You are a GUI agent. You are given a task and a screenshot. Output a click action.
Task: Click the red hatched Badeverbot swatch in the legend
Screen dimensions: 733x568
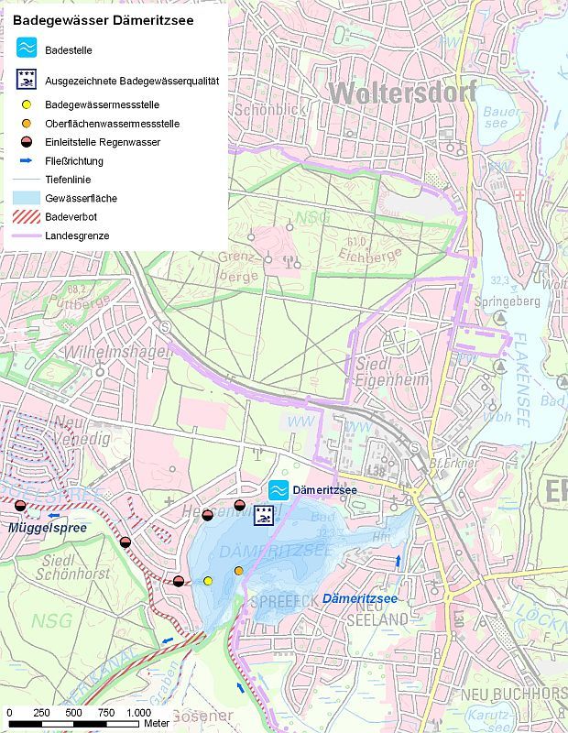tap(27, 217)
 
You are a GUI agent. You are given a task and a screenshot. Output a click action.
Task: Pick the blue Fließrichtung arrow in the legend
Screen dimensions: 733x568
tap(27, 161)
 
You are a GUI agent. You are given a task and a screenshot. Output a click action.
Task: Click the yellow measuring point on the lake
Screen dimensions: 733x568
tap(208, 581)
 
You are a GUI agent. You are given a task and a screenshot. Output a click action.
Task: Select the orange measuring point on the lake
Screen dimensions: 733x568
tap(239, 571)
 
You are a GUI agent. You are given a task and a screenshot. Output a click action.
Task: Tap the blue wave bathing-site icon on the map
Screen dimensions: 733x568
tap(279, 490)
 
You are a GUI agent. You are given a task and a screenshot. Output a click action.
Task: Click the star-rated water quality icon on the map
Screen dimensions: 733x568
tap(264, 515)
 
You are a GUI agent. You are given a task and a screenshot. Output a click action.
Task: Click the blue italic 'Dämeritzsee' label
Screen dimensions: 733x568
tap(360, 598)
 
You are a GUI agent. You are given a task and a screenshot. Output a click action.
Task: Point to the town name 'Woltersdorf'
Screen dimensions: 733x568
tap(402, 93)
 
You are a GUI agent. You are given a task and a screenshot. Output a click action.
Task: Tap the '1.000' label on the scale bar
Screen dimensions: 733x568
tap(138, 713)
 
